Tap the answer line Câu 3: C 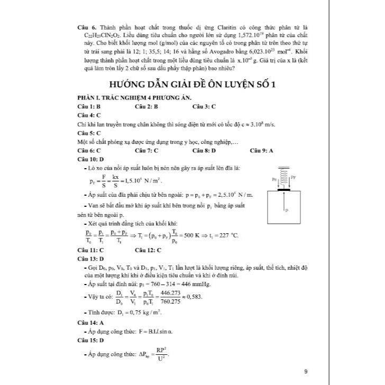tap(204, 106)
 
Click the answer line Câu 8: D tap(204, 150)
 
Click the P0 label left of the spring tap(274, 179)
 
